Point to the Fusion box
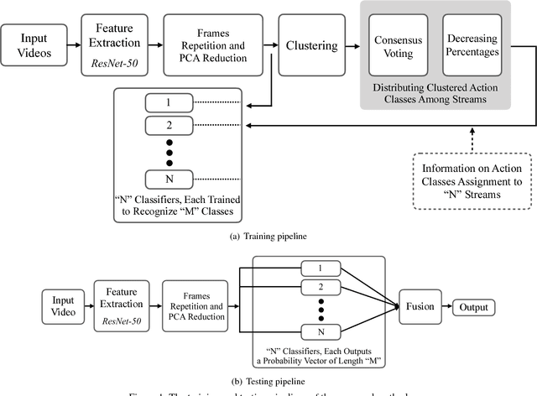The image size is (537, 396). pyautogui.click(x=420, y=307)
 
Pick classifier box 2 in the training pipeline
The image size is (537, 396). pyautogui.click(x=169, y=126)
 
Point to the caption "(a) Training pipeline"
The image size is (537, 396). pyautogui.click(x=268, y=237)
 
